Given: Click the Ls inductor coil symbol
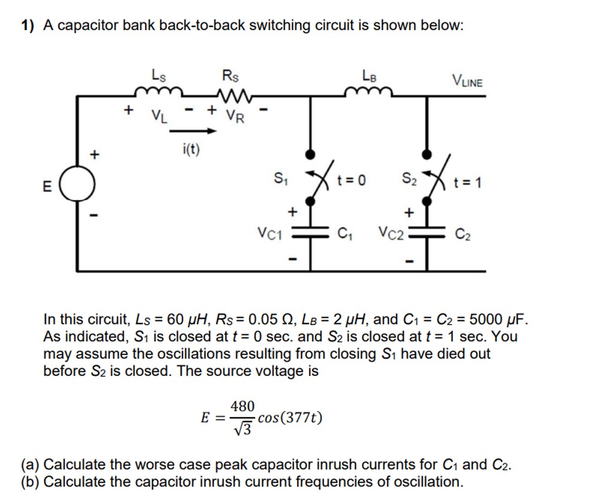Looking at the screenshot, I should (x=158, y=92).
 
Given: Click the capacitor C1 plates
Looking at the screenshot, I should (x=310, y=235).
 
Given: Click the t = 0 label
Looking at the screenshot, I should (x=353, y=179).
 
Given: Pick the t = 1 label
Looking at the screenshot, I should (x=468, y=181).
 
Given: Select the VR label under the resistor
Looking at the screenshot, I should (x=235, y=116).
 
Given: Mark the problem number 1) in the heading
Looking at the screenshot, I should (x=28, y=25).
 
